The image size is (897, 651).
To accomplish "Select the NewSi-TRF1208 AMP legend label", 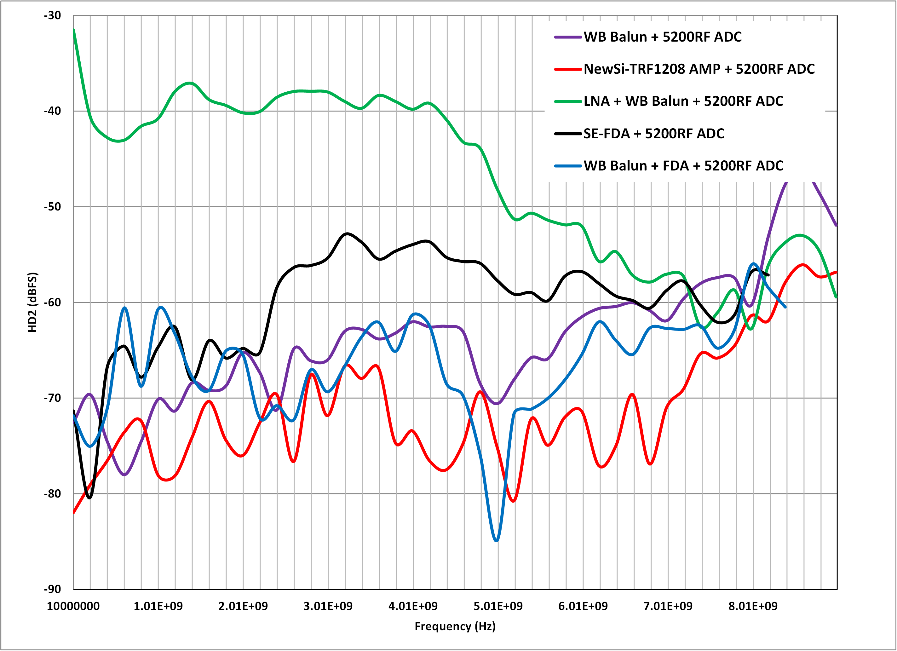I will click(x=699, y=69).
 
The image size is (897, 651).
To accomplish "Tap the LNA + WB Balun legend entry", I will click(x=683, y=101).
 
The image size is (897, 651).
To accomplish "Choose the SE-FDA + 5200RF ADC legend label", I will click(x=654, y=134).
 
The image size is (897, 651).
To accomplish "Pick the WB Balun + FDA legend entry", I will click(x=683, y=166).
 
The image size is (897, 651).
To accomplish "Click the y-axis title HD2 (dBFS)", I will click(x=32, y=302).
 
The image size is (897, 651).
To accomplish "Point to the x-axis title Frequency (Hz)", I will click(x=455, y=626).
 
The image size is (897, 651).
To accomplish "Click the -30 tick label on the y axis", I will click(x=53, y=16).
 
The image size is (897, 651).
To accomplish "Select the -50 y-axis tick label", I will click(x=53, y=206).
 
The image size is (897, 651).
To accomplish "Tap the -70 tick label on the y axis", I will click(x=53, y=398).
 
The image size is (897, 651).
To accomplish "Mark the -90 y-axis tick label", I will click(x=53, y=589).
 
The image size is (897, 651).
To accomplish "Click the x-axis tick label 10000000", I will click(x=73, y=606).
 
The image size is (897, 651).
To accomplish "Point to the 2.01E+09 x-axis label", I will click(x=243, y=606).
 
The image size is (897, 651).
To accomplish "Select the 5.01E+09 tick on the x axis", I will click(x=498, y=606).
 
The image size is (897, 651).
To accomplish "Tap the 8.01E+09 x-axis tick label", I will click(x=753, y=606).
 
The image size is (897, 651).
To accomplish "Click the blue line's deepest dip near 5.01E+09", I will click(x=496, y=541).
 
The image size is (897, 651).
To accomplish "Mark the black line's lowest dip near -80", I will click(x=89, y=498).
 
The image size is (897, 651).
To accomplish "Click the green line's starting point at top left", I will click(x=74, y=30).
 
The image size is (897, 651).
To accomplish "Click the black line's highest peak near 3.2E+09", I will click(x=347, y=234).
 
